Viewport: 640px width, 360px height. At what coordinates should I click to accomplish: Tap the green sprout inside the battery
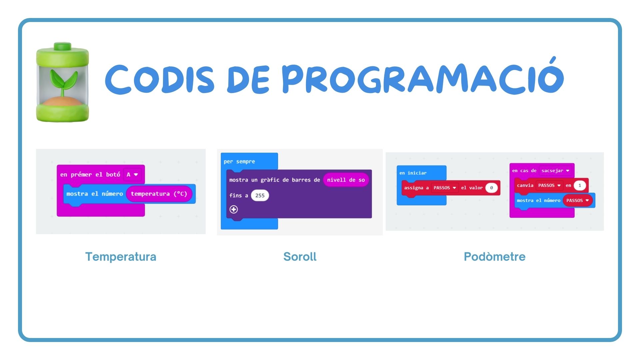pyautogui.click(x=63, y=82)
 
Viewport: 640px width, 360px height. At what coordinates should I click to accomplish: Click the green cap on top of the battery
pyautogui.click(x=63, y=46)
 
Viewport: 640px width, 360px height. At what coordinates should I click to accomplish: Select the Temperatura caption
pyautogui.click(x=121, y=257)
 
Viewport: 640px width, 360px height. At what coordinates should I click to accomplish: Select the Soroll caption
pyautogui.click(x=300, y=257)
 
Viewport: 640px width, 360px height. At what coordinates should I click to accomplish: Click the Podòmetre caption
pyautogui.click(x=495, y=257)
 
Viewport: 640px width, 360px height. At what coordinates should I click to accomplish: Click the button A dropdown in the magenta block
pyautogui.click(x=132, y=174)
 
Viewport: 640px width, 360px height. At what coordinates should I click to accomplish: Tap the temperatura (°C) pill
pyautogui.click(x=159, y=194)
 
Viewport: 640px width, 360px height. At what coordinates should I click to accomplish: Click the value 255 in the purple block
pyautogui.click(x=260, y=196)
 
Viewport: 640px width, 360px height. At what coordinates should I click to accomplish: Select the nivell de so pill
pyautogui.click(x=346, y=180)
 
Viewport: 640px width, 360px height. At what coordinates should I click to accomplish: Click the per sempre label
pyautogui.click(x=239, y=162)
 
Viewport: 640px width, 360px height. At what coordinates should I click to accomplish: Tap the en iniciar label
pyautogui.click(x=413, y=173)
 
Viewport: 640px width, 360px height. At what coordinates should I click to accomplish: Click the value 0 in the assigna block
pyautogui.click(x=491, y=188)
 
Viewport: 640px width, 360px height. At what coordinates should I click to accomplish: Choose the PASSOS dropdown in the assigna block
pyautogui.click(x=445, y=188)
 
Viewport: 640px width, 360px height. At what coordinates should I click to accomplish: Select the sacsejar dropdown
pyautogui.click(x=555, y=171)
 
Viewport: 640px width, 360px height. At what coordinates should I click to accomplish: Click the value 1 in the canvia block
pyautogui.click(x=580, y=185)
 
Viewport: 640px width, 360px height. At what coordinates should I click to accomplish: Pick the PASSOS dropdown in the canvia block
pyautogui.click(x=549, y=185)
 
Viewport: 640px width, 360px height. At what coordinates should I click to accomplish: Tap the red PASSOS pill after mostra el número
pyautogui.click(x=578, y=200)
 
